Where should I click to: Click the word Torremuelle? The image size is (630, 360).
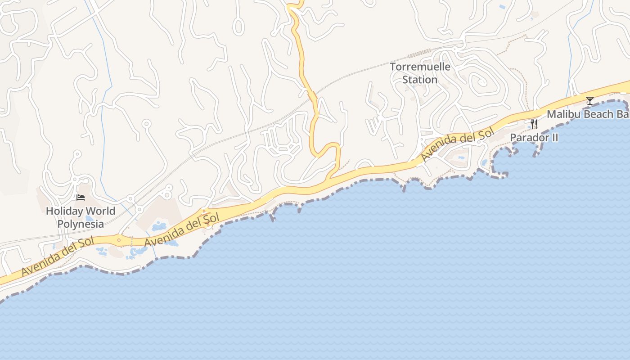pos(420,67)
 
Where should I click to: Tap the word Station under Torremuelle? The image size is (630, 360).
pos(420,80)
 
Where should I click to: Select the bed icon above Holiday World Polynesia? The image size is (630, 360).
pos(81,198)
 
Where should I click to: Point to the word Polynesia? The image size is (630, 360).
pos(81,224)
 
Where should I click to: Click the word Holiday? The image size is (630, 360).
pos(64,211)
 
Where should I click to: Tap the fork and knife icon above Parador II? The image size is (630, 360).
pos(534,124)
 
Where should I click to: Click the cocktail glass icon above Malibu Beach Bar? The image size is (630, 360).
pos(589,101)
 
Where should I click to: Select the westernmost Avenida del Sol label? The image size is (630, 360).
pos(58,256)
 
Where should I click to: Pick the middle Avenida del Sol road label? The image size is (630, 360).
pos(182,230)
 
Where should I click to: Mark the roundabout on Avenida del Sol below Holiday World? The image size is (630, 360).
pos(119,240)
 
